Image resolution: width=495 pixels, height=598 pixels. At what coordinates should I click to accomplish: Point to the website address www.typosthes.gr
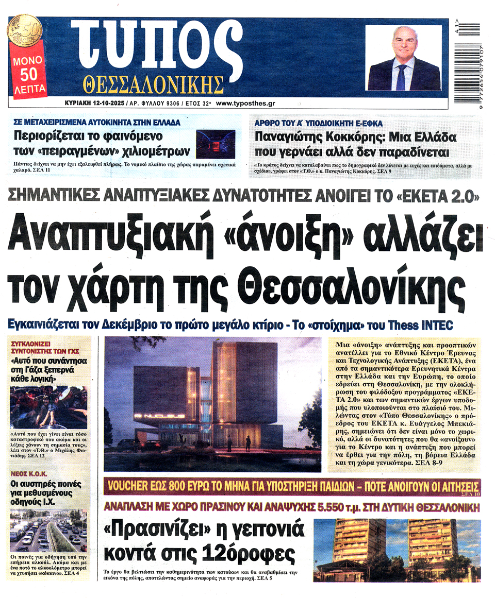coord(245,103)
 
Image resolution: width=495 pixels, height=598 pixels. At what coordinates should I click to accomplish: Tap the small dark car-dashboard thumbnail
coord(216,144)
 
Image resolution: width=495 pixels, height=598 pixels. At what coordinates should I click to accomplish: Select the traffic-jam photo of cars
coord(48,530)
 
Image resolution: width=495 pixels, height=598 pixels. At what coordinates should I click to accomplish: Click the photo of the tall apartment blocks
coord(397,550)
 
